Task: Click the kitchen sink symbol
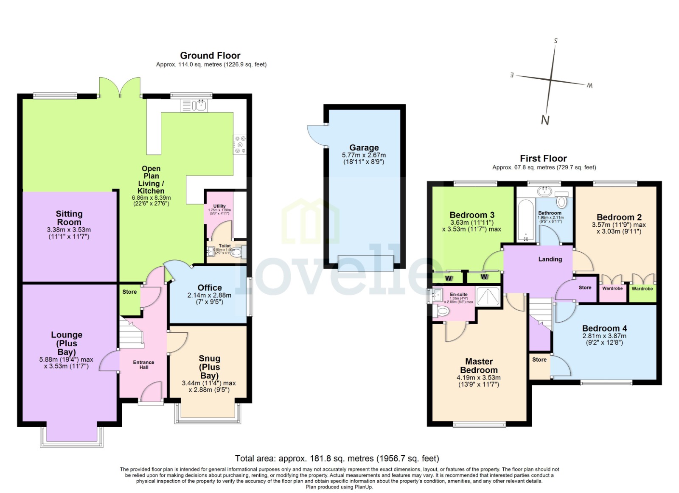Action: click(x=194, y=105)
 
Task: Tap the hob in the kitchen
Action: click(x=240, y=144)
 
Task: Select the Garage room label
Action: click(x=364, y=148)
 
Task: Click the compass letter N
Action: click(x=545, y=120)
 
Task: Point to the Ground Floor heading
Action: click(x=210, y=56)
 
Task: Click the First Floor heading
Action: click(x=543, y=159)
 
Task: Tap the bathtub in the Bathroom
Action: click(x=526, y=220)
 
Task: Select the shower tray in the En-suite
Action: click(x=488, y=296)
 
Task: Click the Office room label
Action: click(x=210, y=287)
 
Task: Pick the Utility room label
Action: click(x=219, y=206)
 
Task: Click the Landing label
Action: click(x=550, y=259)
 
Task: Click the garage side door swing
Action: click(x=317, y=136)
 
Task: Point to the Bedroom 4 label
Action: click(x=604, y=328)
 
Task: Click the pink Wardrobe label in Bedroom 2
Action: click(x=612, y=288)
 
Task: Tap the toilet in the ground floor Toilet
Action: click(x=236, y=253)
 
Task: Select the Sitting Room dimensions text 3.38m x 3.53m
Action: click(x=69, y=230)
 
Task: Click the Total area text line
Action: click(x=337, y=458)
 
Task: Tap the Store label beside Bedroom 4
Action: click(x=539, y=359)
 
